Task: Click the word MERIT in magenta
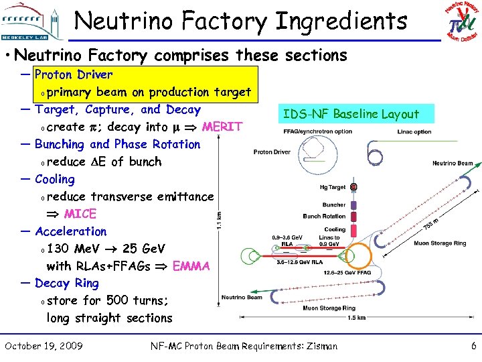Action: tap(222, 127)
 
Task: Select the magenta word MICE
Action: tap(80, 214)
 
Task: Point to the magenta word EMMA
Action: tap(191, 266)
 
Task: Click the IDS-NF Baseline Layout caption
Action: tap(351, 113)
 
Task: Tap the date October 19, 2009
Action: tap(44, 346)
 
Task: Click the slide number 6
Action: tap(473, 346)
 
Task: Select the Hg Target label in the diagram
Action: tap(333, 188)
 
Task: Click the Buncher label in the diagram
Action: tap(334, 205)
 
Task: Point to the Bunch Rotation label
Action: tap(324, 217)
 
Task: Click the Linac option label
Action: tap(414, 132)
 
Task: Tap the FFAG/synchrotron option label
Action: tap(317, 131)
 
